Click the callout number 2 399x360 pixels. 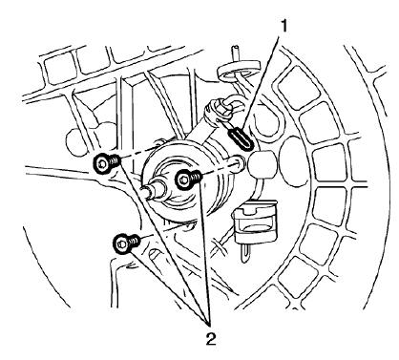[x=209, y=335]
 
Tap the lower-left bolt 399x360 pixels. [x=122, y=244]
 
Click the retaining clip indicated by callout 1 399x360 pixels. [x=242, y=141]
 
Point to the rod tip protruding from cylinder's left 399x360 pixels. [x=146, y=190]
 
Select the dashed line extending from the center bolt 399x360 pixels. [x=220, y=172]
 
